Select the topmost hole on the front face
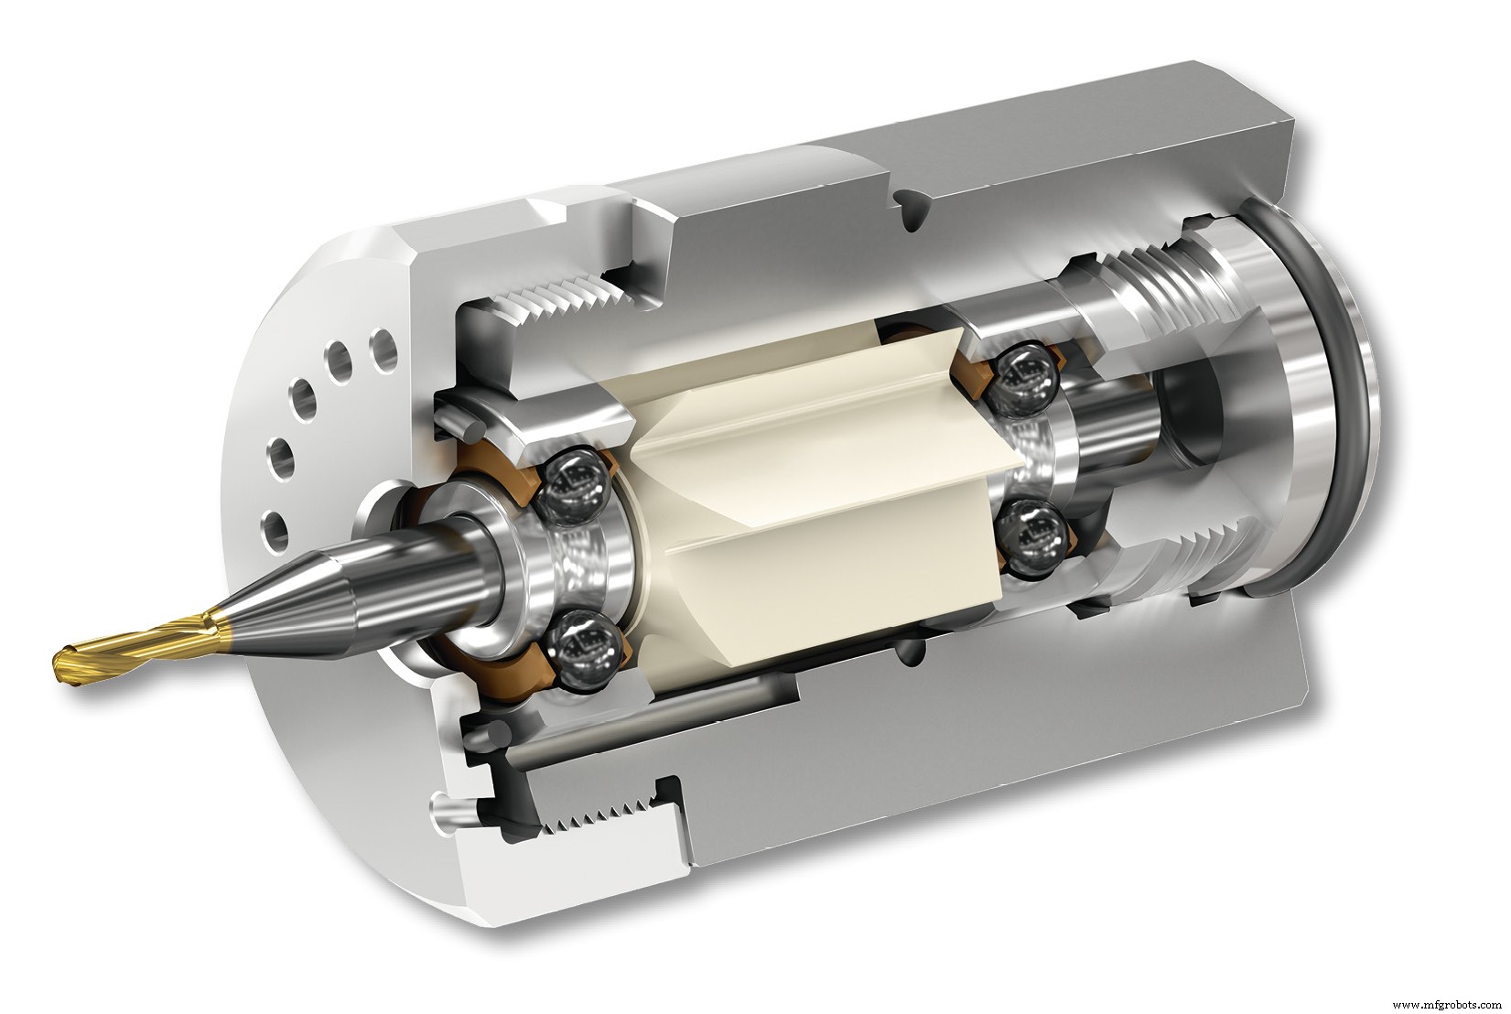point(382,346)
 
